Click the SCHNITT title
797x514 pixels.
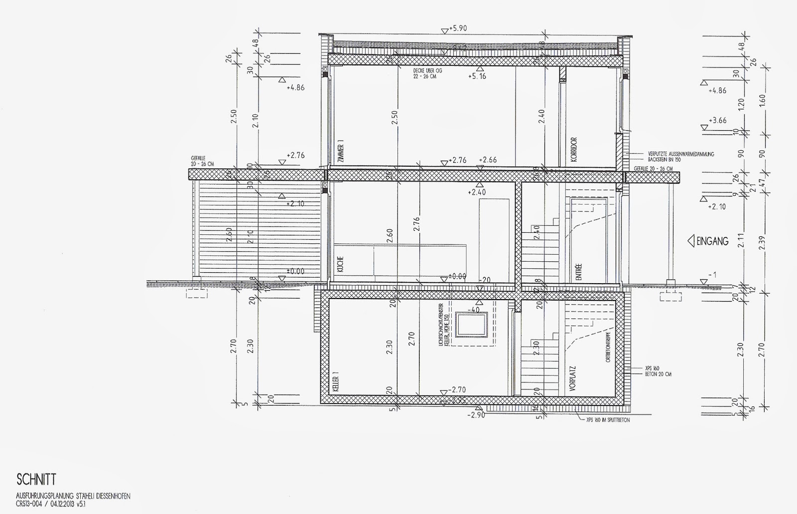coord(36,480)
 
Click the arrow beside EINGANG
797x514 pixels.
coord(691,242)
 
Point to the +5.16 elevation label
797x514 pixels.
coord(477,77)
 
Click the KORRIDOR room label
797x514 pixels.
coord(574,151)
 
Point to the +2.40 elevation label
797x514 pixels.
coord(477,192)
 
